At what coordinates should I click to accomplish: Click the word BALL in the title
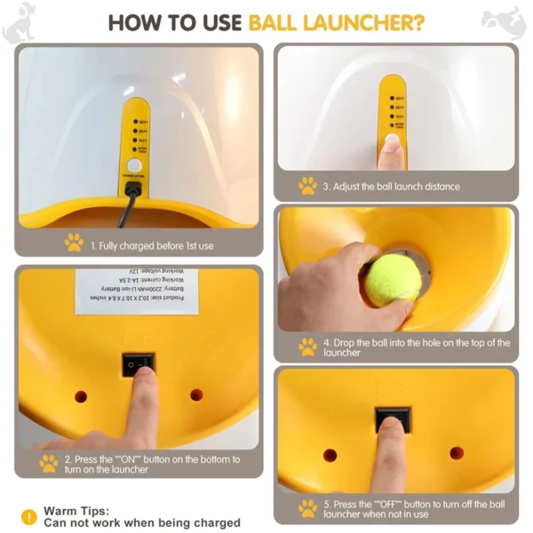point(282,21)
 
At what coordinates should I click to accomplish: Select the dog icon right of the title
point(503,21)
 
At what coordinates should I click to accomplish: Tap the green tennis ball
point(393,280)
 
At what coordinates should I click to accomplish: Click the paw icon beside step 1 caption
point(74,243)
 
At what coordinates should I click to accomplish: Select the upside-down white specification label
point(137,291)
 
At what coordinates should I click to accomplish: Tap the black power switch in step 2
point(138,363)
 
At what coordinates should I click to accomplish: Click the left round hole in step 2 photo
point(81,395)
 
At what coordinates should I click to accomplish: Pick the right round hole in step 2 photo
point(196,394)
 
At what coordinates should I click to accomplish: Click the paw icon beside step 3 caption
point(307,186)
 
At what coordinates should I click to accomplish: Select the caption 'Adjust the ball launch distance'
point(391,187)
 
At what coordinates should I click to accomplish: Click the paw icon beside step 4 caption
point(307,346)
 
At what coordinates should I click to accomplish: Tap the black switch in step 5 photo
point(392,421)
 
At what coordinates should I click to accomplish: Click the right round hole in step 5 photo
point(457,453)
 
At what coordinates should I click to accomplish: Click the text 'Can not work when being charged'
point(142,523)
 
